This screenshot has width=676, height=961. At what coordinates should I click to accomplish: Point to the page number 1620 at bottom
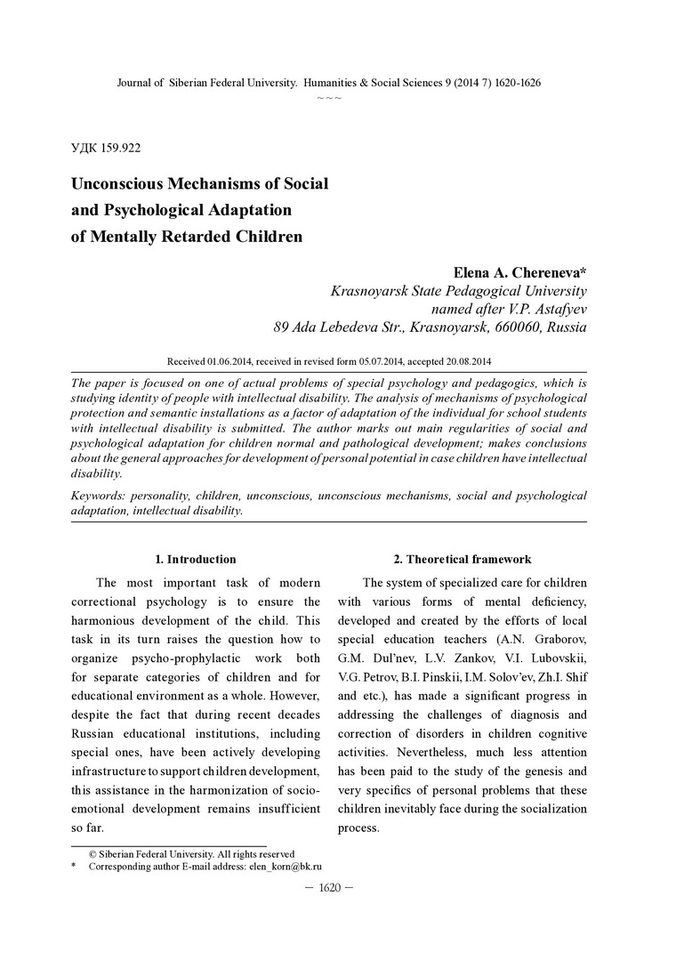(329, 888)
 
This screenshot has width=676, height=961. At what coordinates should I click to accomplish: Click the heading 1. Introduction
(196, 560)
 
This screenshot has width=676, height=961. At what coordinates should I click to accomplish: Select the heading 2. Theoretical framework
(463, 560)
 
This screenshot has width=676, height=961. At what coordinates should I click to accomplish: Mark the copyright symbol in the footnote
(92, 853)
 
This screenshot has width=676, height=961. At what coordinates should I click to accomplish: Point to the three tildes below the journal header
(329, 97)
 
